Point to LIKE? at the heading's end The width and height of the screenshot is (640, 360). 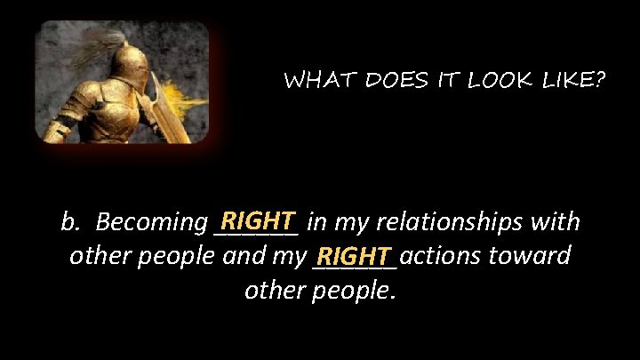(572, 81)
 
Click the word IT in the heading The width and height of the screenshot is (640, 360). (444, 81)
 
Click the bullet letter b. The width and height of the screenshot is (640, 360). (68, 220)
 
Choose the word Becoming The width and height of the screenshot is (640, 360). (150, 222)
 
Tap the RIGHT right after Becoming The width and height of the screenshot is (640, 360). (259, 219)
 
